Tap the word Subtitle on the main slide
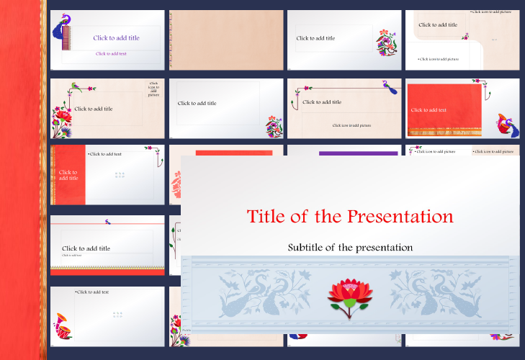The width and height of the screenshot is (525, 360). pyautogui.click(x=312, y=247)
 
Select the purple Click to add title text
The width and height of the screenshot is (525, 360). pyautogui.click(x=116, y=37)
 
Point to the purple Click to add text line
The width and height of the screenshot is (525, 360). pyautogui.click(x=111, y=53)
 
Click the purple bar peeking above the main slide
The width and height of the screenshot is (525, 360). pyautogui.click(x=357, y=153)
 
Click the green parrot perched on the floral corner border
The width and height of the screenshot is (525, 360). pyautogui.click(x=75, y=87)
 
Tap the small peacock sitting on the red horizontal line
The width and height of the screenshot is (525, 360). pyautogui.click(x=107, y=222)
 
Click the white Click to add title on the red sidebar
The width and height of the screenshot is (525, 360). pyautogui.click(x=68, y=175)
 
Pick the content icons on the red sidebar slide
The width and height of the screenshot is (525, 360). pyautogui.click(x=120, y=175)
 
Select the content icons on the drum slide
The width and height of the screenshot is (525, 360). pyautogui.click(x=119, y=314)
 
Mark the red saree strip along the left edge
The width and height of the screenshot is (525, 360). pyautogui.click(x=22, y=180)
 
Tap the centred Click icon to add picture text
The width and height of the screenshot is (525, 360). pyautogui.click(x=351, y=125)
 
